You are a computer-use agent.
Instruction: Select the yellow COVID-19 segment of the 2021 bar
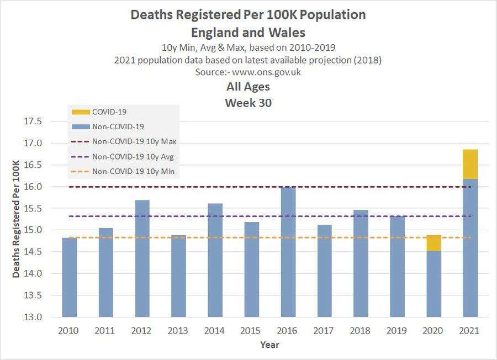(470, 164)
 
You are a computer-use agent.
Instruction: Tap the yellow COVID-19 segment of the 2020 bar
(434, 243)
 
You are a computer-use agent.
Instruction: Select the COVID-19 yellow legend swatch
(80, 112)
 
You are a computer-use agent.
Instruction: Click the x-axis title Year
(269, 345)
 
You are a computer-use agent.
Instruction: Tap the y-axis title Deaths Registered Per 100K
(16, 219)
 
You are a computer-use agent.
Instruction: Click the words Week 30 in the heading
(248, 103)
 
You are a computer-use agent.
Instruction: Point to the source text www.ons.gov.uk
(267, 72)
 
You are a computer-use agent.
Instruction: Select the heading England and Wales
(248, 32)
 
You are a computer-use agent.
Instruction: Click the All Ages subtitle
(248, 87)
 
